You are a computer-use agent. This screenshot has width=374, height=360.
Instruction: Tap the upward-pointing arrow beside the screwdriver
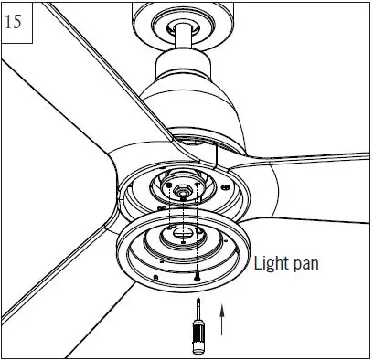[222, 320]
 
